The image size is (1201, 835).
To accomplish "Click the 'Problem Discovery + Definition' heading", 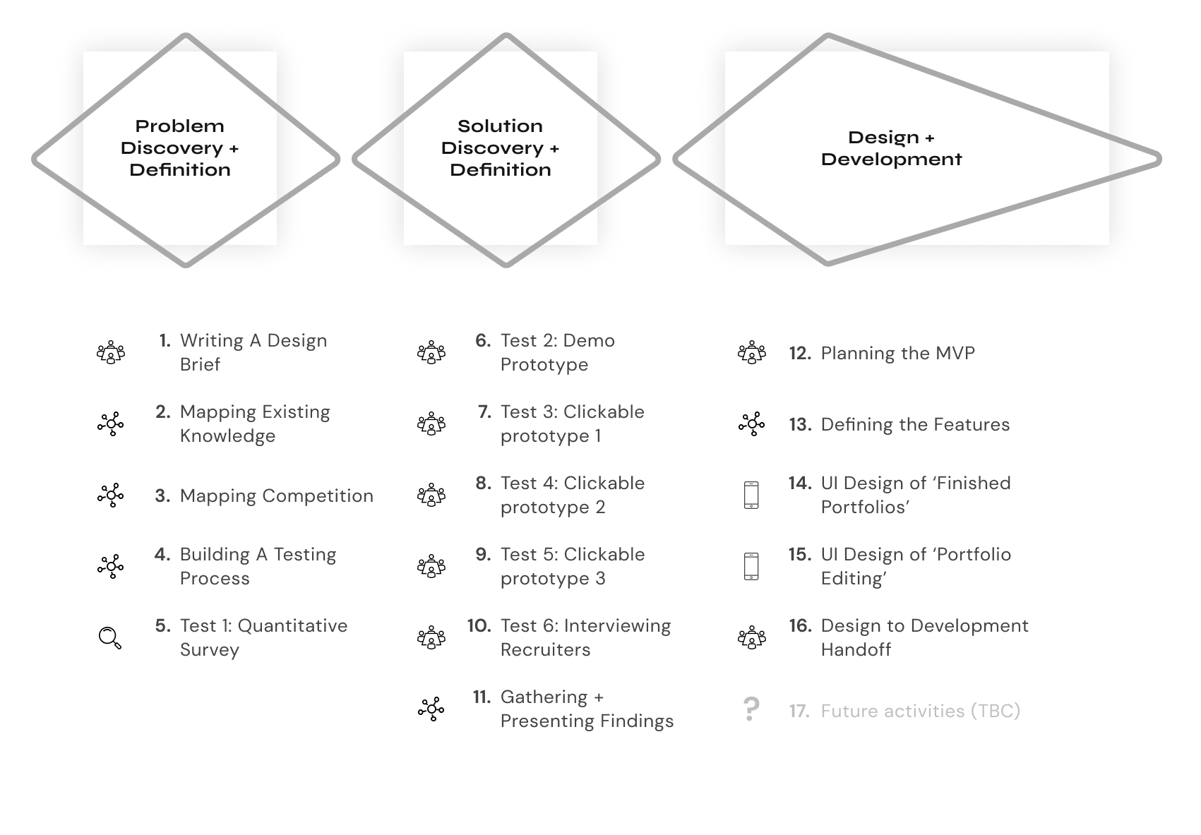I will (179, 148).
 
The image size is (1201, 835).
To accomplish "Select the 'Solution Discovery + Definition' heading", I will (500, 148).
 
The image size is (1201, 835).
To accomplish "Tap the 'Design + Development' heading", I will (891, 148).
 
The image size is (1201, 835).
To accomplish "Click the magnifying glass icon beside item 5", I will (110, 637).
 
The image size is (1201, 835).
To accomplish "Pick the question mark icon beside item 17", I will (751, 709).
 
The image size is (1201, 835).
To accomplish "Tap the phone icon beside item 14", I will (751, 495).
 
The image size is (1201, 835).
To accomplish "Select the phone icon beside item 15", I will (751, 566).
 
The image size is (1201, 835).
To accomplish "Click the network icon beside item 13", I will (751, 423).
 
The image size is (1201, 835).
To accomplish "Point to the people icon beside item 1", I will (110, 352).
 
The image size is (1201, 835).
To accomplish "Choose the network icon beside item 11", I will (431, 709).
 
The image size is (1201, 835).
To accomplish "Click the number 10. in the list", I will (479, 625).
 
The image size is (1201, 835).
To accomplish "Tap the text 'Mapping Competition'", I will (276, 495).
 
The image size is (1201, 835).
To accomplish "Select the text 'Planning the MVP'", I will (897, 353).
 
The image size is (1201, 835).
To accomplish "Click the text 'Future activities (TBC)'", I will (920, 711).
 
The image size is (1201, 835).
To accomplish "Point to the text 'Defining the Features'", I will (914, 424).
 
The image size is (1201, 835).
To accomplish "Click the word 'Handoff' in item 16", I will (855, 649).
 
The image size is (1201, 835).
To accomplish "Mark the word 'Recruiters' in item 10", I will (544, 649).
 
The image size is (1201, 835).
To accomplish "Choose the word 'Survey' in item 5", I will (209, 649).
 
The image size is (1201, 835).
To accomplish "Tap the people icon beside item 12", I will (751, 352).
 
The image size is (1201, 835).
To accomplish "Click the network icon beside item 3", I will (110, 495).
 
